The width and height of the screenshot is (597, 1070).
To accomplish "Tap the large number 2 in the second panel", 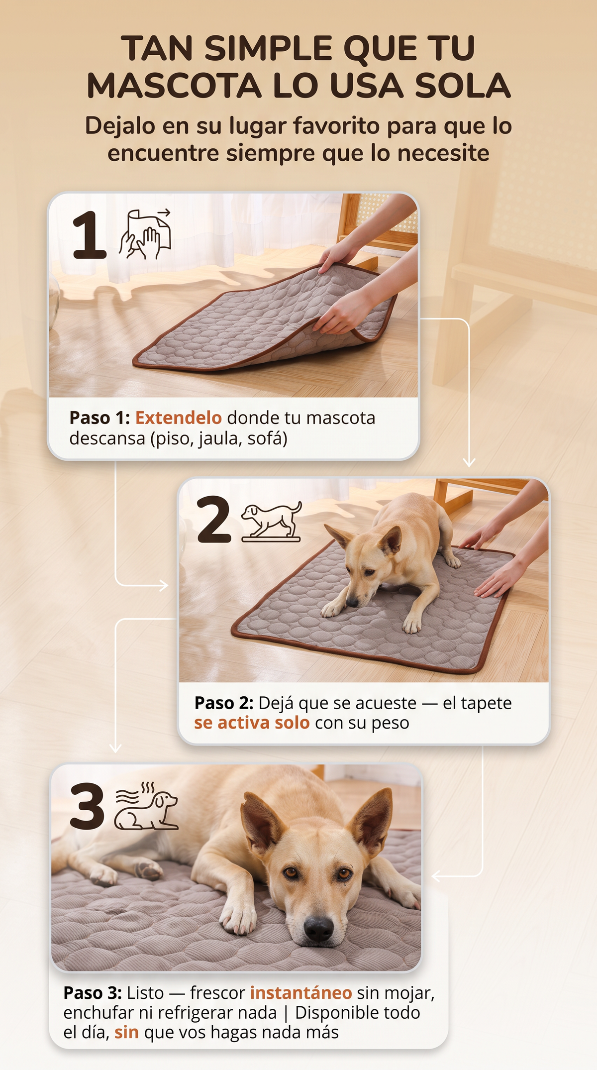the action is coord(214,519).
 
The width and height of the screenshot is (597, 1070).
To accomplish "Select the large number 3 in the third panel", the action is coord(88,806).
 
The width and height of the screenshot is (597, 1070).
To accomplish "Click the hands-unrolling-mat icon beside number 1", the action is coord(145,233).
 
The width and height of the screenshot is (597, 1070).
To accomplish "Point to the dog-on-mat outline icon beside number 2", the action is coord(272,521).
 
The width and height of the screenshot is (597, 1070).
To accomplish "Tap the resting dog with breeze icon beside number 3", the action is coord(146,806).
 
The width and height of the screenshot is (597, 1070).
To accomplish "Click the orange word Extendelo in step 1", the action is coord(179,418).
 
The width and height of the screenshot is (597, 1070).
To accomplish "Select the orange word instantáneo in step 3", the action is coord(301,993).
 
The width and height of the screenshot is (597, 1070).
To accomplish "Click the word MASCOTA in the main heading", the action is coord(174,86).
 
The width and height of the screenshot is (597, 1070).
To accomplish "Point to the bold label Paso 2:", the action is coord(224,703).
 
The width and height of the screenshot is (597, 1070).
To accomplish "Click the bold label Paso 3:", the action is coord(93,993).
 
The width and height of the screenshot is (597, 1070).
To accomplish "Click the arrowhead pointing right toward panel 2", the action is coord(164,585).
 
